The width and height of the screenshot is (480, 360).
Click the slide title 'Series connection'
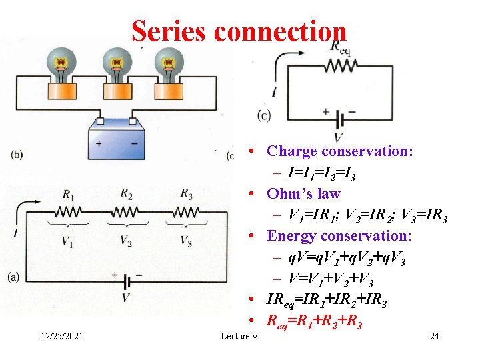point(239,31)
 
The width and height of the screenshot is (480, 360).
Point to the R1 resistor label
point(69,195)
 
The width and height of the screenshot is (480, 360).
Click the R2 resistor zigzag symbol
point(126,213)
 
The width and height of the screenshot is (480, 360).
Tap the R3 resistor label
point(187,194)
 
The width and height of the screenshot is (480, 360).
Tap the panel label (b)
point(17,155)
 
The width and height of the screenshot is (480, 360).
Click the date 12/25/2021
point(59,336)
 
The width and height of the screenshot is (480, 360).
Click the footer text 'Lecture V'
point(239,336)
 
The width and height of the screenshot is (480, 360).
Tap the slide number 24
point(434,336)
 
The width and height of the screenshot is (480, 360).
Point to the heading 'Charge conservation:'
point(339,151)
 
